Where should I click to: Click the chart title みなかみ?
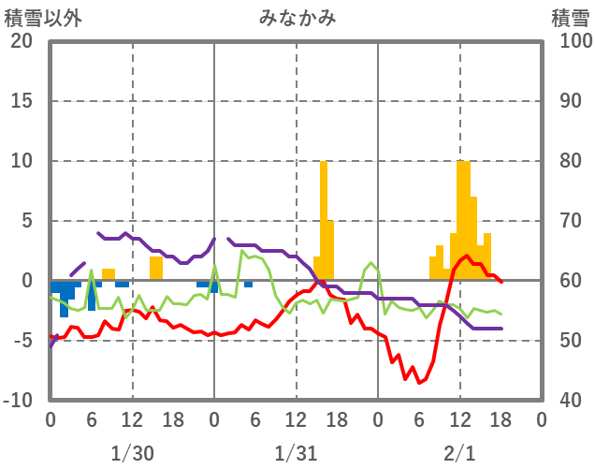(x=297, y=17)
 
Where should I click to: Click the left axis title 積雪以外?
(x=39, y=17)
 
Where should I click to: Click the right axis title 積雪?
(x=569, y=17)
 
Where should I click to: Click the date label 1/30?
(x=132, y=453)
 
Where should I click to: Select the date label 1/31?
(x=296, y=453)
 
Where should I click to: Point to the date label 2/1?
(x=459, y=453)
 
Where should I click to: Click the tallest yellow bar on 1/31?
(x=324, y=221)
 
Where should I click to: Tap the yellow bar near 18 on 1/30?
(x=156, y=269)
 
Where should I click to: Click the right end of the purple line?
(x=501, y=329)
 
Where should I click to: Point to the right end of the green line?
(x=501, y=314)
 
